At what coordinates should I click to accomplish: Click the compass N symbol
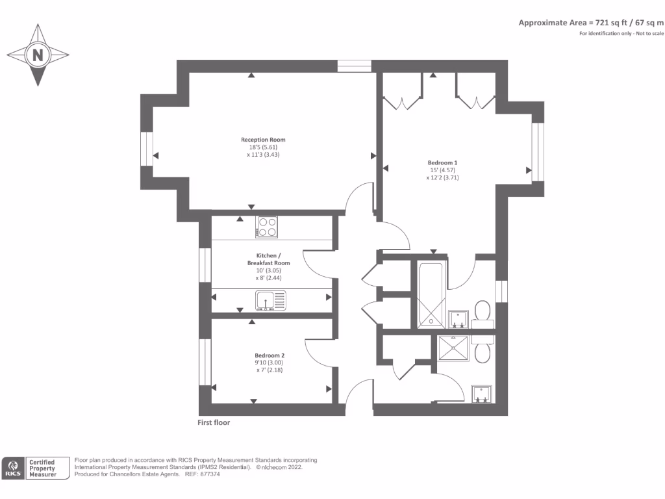[x=38, y=55]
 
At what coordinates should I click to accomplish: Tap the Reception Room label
[x=263, y=140]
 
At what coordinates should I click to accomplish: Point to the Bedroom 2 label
[x=270, y=355]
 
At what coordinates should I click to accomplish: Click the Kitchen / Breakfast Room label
[x=268, y=259]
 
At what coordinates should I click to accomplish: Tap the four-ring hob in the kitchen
[x=266, y=227]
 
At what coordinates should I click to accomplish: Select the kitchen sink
[x=270, y=300]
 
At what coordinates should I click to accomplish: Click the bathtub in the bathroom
[x=430, y=294]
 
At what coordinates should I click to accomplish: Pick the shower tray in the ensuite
[x=454, y=348]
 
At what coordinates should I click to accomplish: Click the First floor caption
[x=214, y=422]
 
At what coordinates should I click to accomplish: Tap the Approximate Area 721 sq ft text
[x=591, y=23]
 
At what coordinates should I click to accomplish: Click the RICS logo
[x=14, y=468]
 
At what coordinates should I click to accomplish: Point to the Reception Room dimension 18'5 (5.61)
[x=263, y=147]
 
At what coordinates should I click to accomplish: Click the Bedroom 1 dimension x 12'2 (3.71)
[x=442, y=177]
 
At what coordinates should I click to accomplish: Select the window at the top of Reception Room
[x=354, y=66]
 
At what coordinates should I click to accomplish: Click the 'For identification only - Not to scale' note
[x=621, y=33]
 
